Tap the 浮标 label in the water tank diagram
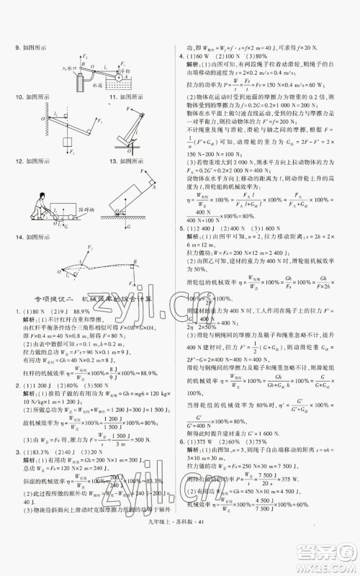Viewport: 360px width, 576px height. [x=124, y=72]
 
